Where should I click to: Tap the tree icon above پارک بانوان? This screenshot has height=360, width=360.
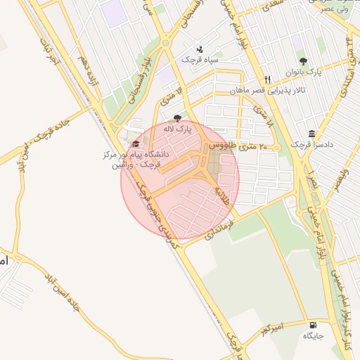[303, 61]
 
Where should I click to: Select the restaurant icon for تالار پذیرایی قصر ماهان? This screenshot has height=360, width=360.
[267, 80]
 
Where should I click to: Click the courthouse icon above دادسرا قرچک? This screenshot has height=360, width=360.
[311, 134]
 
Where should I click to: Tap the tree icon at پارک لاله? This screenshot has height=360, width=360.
[176, 118]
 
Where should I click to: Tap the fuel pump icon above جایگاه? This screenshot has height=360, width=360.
[312, 325]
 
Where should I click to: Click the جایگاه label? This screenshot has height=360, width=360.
[312, 336]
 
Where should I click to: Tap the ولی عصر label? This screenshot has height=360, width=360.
[335, 10]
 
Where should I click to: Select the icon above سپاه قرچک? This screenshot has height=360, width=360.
[200, 49]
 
